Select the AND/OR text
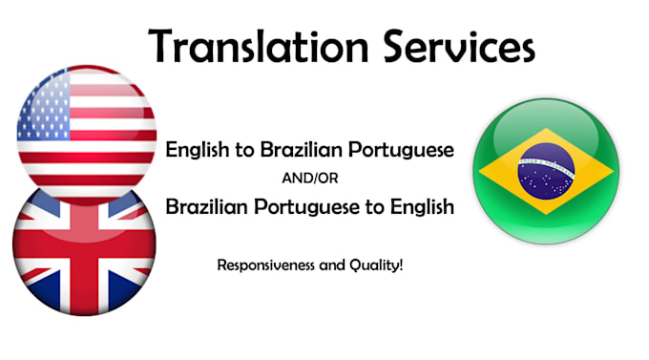[x=308, y=178]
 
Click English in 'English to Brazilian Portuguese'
[x=195, y=151]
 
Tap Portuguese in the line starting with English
[x=394, y=151]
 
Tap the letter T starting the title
[x=161, y=44]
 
